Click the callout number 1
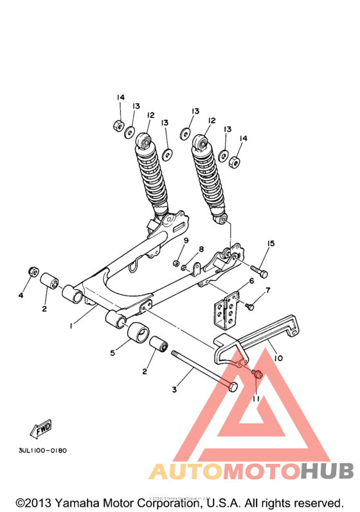(72, 326)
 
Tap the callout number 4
(21, 296)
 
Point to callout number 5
(113, 353)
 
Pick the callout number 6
(251, 281)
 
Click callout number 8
(201, 249)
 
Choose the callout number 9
(185, 240)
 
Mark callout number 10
(278, 357)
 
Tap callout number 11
(255, 398)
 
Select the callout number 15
(271, 243)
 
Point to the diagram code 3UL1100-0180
(39, 450)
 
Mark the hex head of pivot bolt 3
(232, 387)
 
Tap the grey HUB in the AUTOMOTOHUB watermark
(327, 472)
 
